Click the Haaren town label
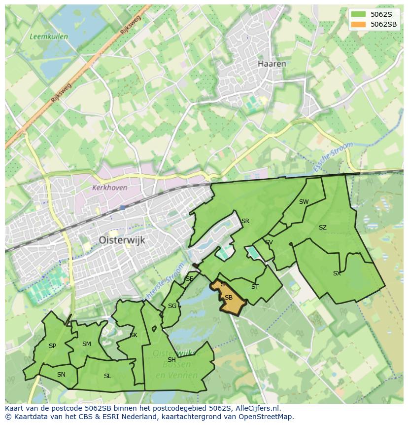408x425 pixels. (272, 64)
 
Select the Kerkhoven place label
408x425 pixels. (109, 188)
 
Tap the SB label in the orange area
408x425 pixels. (228, 298)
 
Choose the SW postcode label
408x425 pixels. (304, 201)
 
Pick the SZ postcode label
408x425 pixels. (322, 228)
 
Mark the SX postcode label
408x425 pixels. (337, 273)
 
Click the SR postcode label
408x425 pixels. (245, 221)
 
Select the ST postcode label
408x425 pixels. (255, 286)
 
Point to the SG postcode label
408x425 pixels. (172, 306)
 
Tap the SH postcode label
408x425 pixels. (171, 359)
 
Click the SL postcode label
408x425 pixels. (107, 376)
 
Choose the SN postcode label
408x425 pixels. (61, 374)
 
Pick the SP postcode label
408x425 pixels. (52, 346)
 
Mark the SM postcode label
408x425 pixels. (87, 344)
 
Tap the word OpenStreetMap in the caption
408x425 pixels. (266, 417)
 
